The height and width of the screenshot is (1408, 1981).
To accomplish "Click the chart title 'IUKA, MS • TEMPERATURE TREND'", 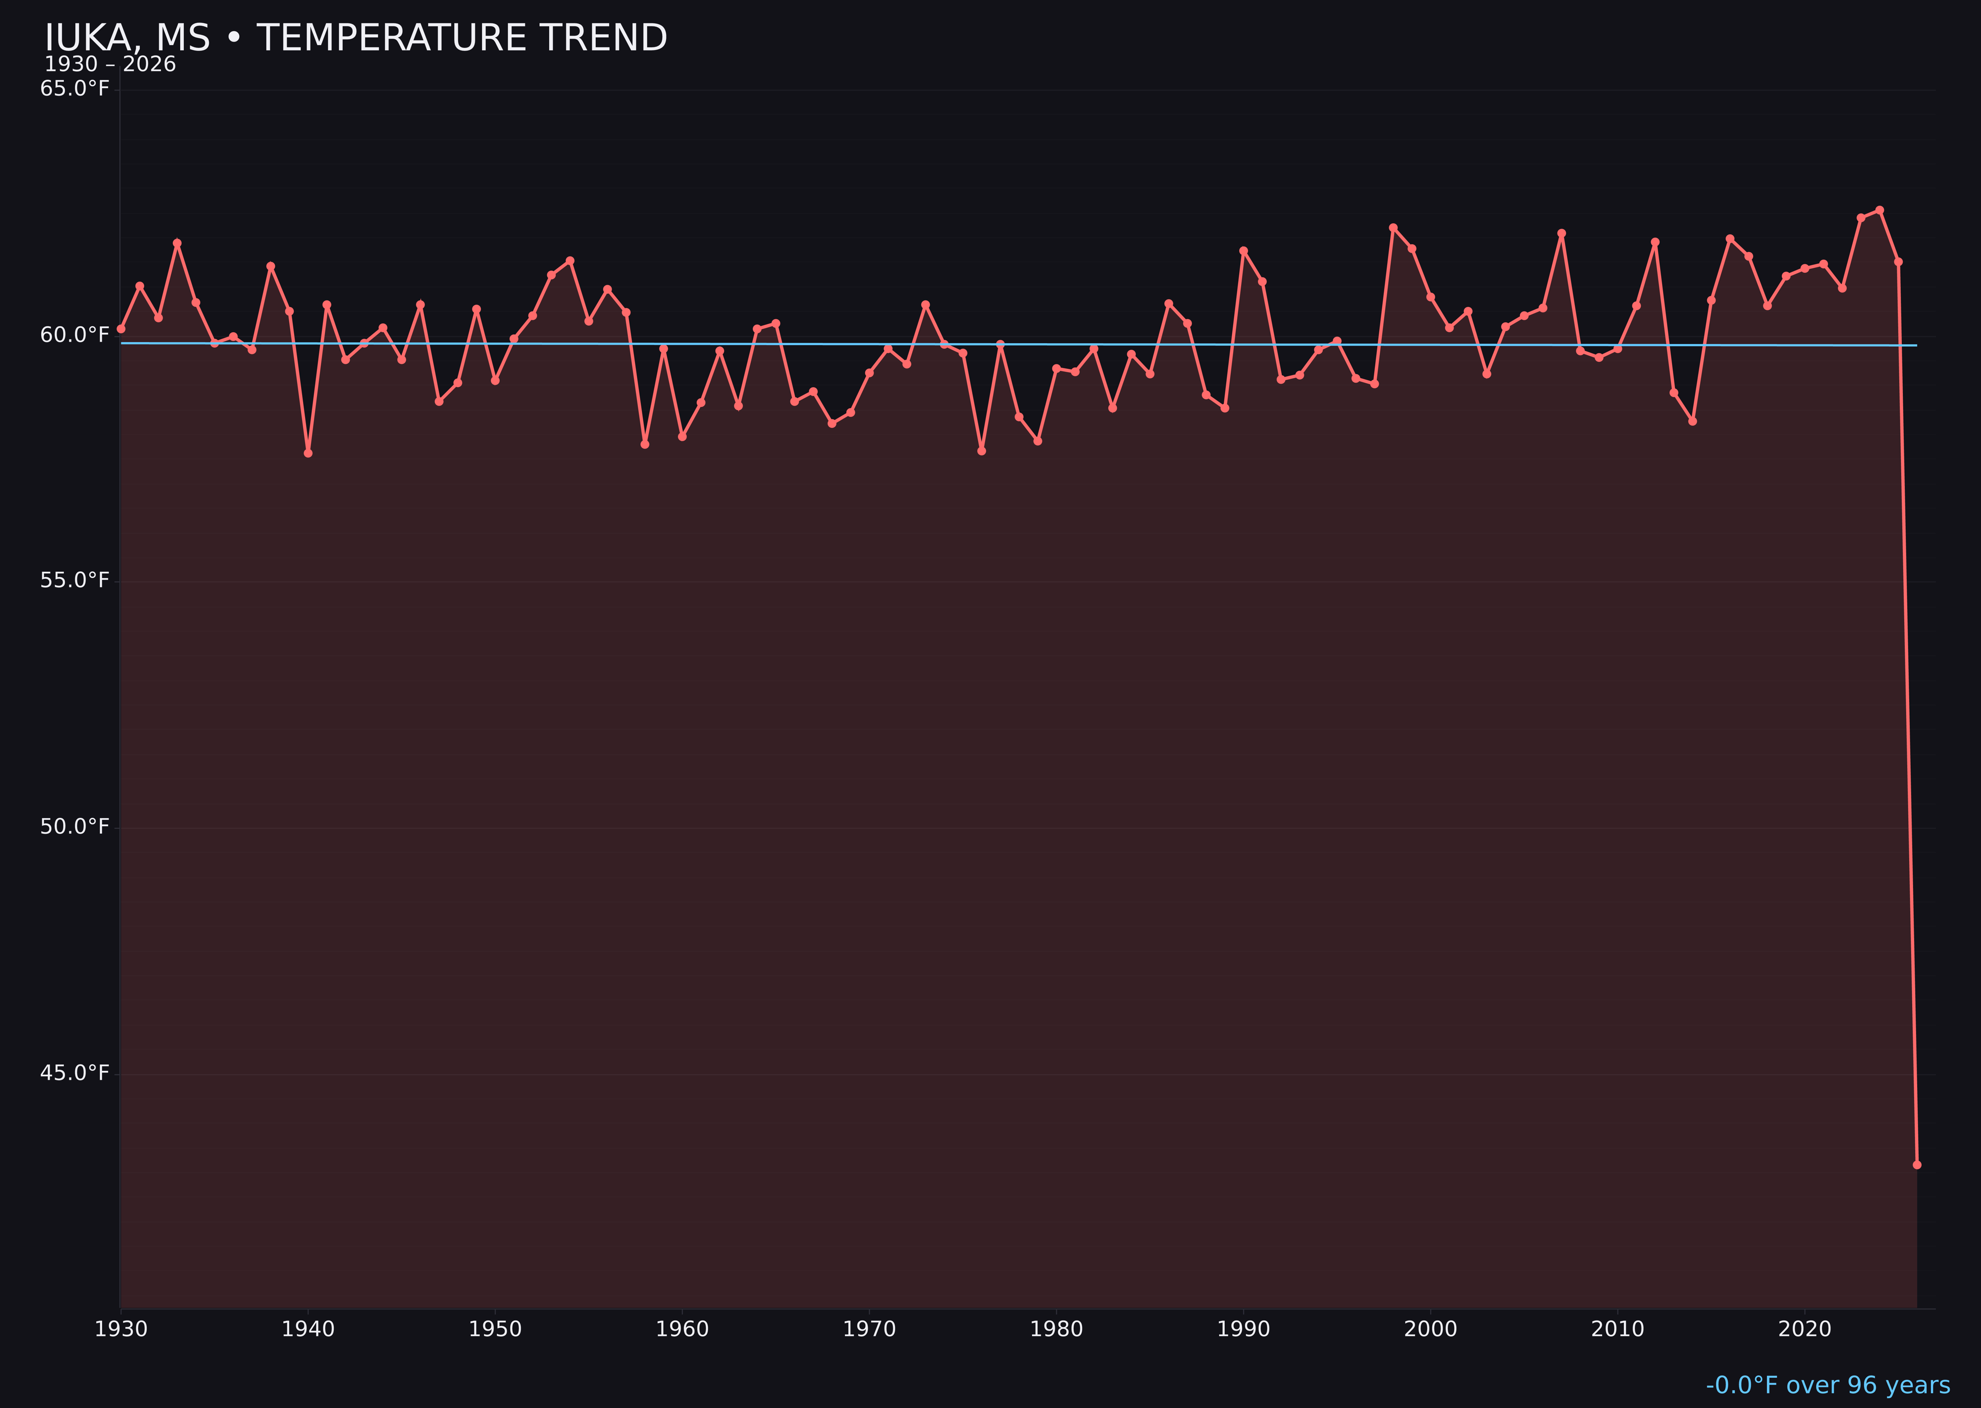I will [x=356, y=38].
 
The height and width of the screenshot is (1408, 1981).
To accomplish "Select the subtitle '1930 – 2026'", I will [x=110, y=65].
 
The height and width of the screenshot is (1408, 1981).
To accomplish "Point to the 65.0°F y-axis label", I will [x=75, y=89].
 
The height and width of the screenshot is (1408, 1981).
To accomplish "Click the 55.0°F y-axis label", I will [x=75, y=580].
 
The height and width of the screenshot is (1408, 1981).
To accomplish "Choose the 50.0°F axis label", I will [x=75, y=826].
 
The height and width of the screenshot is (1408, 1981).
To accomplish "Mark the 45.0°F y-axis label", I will [x=75, y=1073].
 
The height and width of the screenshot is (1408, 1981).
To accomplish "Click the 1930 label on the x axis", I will [x=121, y=1329].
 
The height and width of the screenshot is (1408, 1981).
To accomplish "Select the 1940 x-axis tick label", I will [x=308, y=1329].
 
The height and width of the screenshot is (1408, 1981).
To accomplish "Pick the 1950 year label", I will [x=495, y=1329].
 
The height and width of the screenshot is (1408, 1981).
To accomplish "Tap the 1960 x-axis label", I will [x=682, y=1329].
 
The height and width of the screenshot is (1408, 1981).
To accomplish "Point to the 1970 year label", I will [x=869, y=1329].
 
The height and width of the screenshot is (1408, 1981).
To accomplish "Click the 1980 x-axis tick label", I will [x=1056, y=1329].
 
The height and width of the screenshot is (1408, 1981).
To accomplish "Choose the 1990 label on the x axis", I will [x=1244, y=1329].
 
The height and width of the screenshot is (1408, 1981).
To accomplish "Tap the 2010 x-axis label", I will [x=1617, y=1329].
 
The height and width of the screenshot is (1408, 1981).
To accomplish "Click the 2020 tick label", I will [x=1805, y=1329].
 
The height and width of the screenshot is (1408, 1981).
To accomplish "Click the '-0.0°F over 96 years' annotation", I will [x=1827, y=1385].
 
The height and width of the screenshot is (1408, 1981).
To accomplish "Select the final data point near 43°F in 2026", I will [x=1917, y=1164].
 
